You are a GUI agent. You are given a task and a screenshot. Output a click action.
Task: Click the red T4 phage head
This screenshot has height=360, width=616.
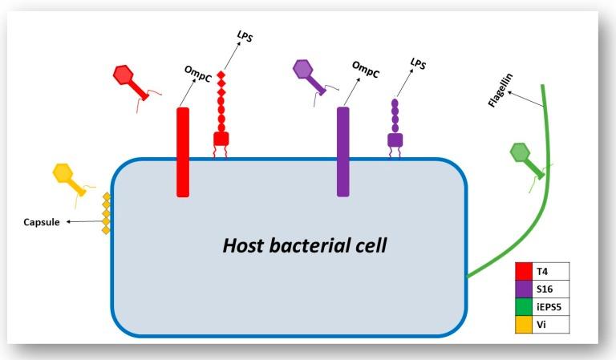(x=124, y=75)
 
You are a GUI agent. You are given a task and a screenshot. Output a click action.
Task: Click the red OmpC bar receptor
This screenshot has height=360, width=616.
(x=183, y=152)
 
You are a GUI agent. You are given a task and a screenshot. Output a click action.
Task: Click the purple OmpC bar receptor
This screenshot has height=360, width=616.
(x=343, y=151)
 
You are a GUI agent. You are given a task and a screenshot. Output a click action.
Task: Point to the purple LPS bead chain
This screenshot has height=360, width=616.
(x=395, y=115)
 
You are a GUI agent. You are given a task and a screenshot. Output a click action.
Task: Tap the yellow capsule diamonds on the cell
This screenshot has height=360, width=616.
(x=106, y=214)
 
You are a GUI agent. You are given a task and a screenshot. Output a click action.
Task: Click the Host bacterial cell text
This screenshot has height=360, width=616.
(x=304, y=245)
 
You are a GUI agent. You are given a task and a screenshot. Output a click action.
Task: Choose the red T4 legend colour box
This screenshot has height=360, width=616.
(x=524, y=271)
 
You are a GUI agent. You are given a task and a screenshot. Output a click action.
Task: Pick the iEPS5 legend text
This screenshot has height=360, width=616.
(x=551, y=306)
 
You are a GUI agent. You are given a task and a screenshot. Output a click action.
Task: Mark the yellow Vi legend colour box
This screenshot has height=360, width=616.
(x=524, y=323)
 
